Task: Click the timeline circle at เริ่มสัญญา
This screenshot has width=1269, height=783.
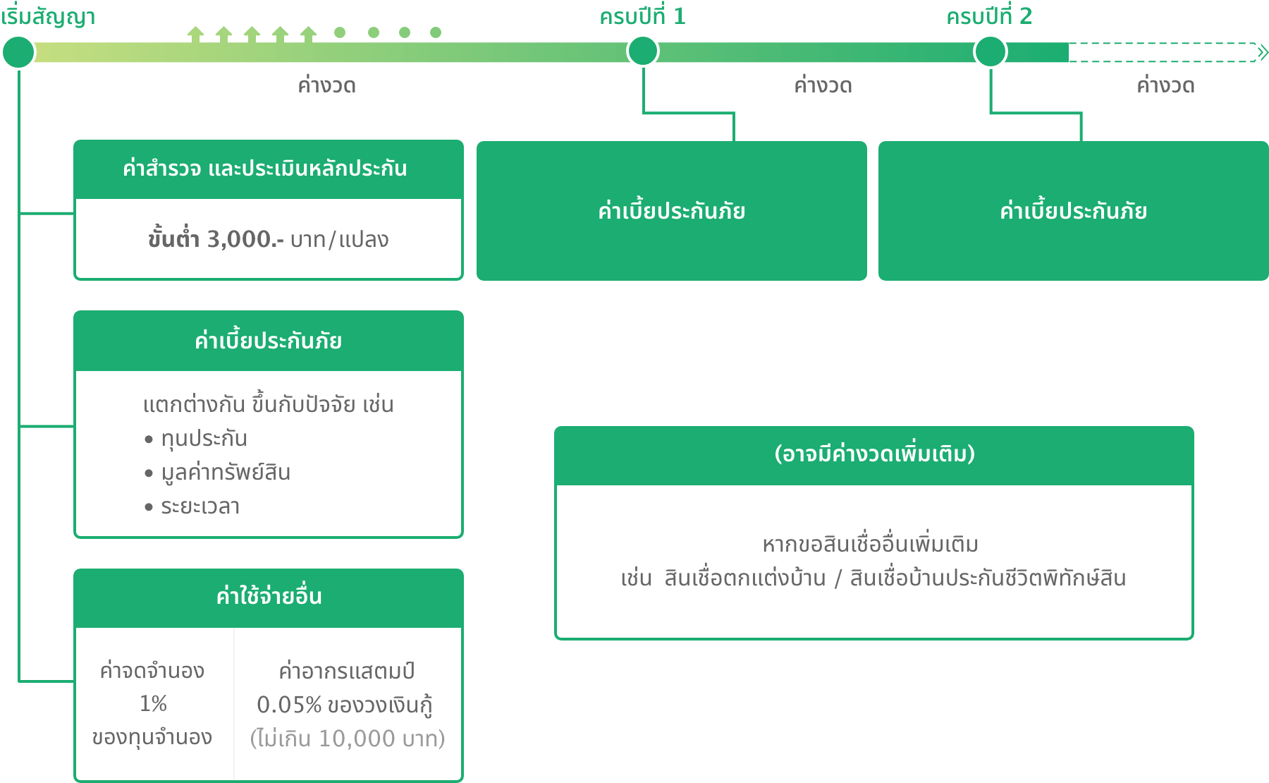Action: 18,51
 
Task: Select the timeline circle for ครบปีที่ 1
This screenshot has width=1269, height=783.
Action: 642,51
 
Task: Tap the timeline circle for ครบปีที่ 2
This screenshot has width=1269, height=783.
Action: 990,51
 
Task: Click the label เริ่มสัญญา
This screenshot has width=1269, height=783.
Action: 48,17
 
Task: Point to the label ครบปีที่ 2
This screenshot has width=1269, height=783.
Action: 988,16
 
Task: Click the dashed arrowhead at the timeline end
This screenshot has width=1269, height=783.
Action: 1262,52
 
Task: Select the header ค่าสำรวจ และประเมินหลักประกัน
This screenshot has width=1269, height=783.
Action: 265,169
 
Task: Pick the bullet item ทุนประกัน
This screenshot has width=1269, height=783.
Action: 204,439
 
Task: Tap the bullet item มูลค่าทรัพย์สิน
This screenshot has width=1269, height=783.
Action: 226,473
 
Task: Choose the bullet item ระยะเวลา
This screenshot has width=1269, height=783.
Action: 200,506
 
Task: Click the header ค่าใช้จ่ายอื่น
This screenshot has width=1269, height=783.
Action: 269,597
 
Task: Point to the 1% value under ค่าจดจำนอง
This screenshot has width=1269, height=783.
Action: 153,703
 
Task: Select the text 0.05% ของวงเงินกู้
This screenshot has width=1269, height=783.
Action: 345,705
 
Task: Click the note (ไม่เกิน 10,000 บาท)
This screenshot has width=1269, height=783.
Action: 348,739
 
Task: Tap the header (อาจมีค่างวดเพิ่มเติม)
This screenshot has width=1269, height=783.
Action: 874,454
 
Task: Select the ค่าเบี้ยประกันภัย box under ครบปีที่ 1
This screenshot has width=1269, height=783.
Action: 671,211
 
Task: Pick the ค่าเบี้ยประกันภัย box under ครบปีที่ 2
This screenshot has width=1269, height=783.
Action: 1073,211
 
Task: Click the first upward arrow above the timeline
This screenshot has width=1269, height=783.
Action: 195,33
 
